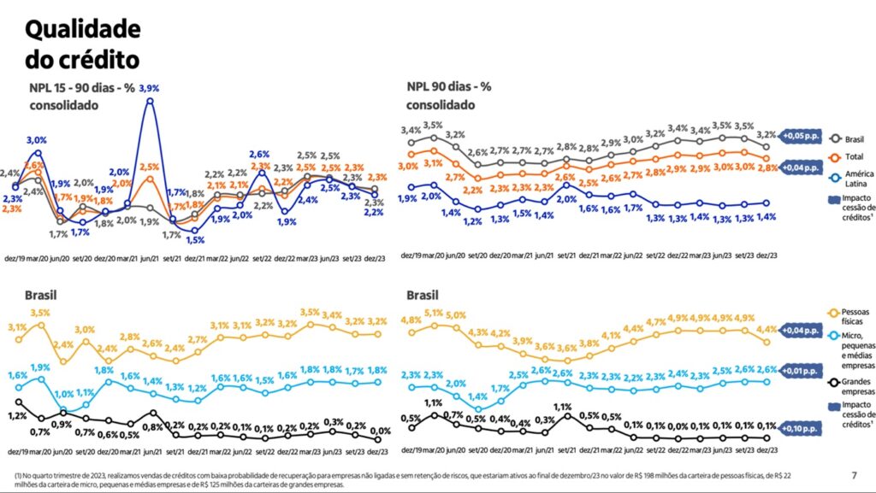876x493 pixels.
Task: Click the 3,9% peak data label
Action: coord(150,88)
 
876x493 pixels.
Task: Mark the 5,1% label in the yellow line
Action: coord(434,313)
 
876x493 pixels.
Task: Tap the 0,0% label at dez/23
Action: coord(380,431)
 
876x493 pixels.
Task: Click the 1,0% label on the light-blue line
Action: coord(65,394)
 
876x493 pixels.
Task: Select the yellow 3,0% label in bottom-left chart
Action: coord(84,329)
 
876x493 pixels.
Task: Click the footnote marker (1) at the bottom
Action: coord(18,475)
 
